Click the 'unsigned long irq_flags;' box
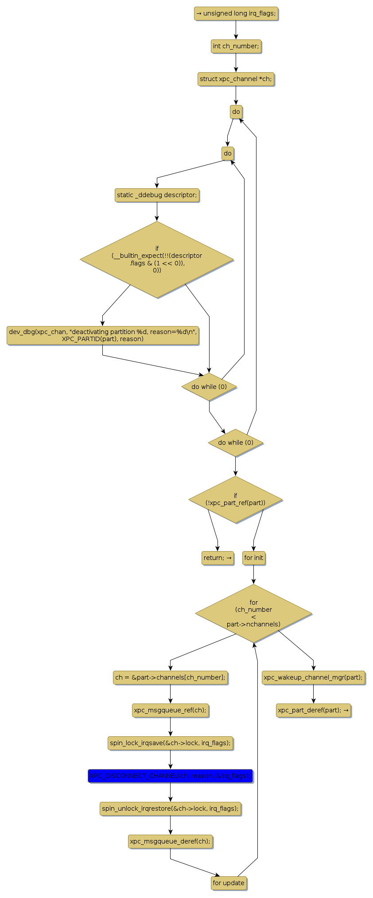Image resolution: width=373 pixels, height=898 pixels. click(x=236, y=14)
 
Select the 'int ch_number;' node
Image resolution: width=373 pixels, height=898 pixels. click(x=236, y=47)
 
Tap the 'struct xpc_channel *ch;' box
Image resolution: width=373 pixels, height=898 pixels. click(x=236, y=79)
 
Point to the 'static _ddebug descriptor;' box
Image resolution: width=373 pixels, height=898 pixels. click(x=157, y=195)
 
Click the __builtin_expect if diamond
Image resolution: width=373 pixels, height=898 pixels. click(x=157, y=260)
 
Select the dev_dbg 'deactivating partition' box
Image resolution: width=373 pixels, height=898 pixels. click(x=102, y=336)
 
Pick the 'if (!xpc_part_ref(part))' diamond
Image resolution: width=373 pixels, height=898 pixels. click(x=235, y=499)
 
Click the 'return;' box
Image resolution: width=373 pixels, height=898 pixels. click(x=218, y=558)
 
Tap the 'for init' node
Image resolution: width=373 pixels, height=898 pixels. click(x=254, y=558)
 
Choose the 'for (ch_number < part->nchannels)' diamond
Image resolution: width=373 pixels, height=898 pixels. click(x=253, y=614)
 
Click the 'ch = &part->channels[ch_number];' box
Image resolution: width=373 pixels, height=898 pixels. click(x=170, y=678)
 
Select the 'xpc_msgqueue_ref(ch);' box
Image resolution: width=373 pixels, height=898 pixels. click(x=170, y=711)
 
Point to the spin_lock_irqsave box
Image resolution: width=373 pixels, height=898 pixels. click(x=170, y=743)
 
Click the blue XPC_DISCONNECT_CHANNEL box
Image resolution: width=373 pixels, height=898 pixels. click(x=170, y=776)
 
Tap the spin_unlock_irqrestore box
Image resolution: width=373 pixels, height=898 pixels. click(x=170, y=809)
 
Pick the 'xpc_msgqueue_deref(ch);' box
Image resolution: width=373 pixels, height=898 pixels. click(x=170, y=842)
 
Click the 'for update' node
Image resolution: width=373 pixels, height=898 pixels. click(x=229, y=883)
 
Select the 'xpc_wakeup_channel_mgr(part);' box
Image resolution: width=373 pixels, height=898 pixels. click(x=313, y=678)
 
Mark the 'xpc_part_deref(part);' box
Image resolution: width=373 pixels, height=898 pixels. click(x=313, y=711)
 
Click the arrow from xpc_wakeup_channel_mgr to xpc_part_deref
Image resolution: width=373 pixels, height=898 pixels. click(x=313, y=694)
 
